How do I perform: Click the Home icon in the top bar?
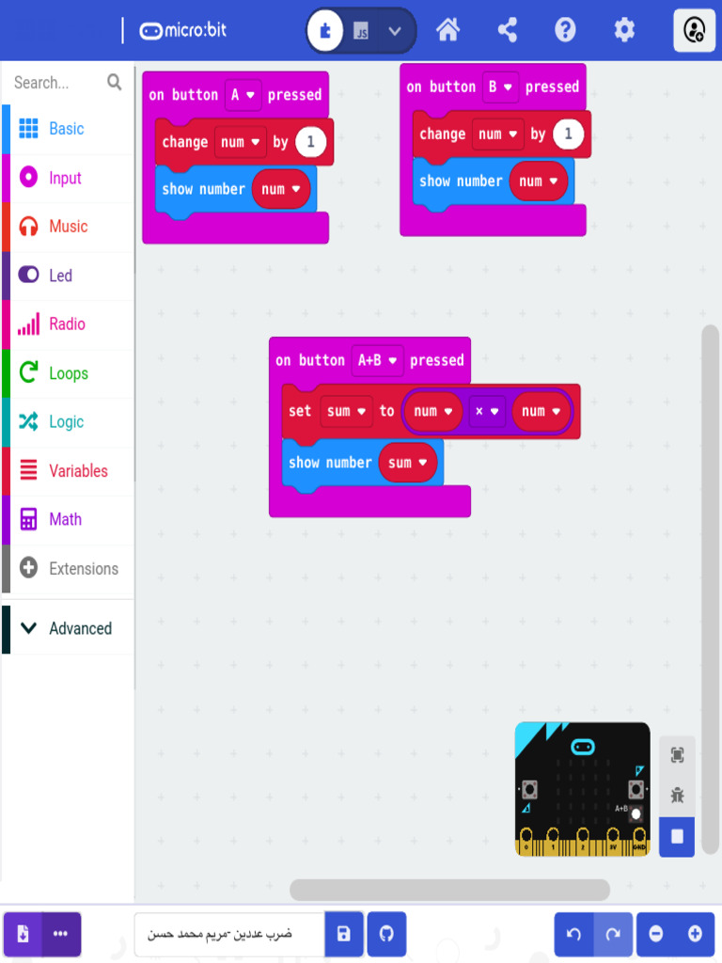(448, 30)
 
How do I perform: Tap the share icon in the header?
(508, 30)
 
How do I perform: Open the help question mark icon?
(565, 30)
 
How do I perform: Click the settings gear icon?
(624, 30)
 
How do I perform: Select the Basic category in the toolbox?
(66, 129)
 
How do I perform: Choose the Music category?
(68, 227)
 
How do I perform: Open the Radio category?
(67, 324)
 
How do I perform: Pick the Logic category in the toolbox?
(66, 422)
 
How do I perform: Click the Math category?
(65, 519)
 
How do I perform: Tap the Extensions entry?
(83, 568)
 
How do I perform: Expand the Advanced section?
(80, 628)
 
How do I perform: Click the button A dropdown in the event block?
(242, 95)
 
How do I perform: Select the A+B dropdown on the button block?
(377, 360)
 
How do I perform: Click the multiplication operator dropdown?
(486, 411)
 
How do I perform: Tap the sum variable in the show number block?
(407, 463)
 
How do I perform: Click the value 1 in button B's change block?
(567, 134)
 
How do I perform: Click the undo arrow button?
(573, 934)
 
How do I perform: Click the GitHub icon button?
(386, 934)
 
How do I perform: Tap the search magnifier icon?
(115, 83)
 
